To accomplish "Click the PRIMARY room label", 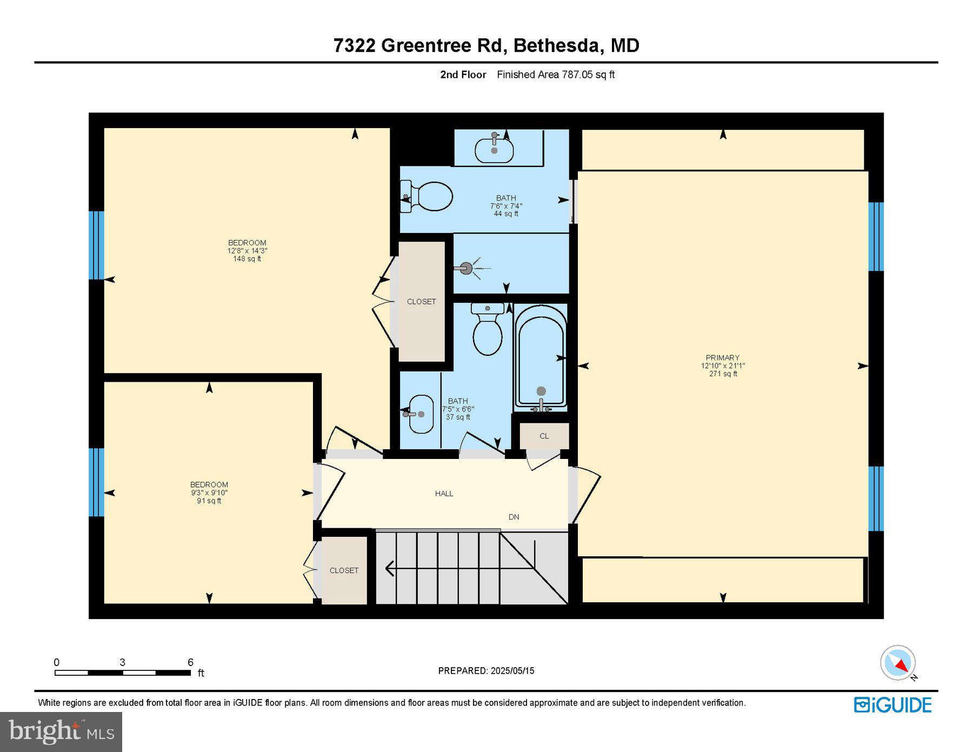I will [x=722, y=357].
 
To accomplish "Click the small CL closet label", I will [x=544, y=436].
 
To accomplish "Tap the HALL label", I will [x=444, y=494].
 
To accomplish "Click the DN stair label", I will [x=514, y=517].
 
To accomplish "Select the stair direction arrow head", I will [x=389, y=569].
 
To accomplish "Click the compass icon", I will [x=898, y=663].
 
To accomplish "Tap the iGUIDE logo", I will [x=892, y=705].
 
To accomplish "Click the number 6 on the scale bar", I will [x=190, y=662].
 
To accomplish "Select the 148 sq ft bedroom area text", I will [x=247, y=259].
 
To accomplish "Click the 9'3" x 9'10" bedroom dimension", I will [x=209, y=493].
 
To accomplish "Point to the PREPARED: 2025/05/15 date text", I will [x=486, y=671].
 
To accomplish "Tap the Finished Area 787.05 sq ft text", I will [x=556, y=75].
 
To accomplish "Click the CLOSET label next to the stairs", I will [x=344, y=570].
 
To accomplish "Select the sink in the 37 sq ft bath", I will [x=421, y=414].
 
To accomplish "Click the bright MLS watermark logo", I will [x=61, y=732].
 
